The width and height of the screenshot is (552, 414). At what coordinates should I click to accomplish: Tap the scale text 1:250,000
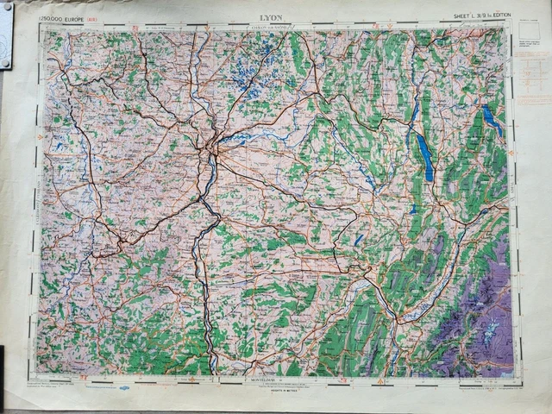tap(58, 16)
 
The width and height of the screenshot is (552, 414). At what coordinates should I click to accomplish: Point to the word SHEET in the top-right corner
tap(467, 16)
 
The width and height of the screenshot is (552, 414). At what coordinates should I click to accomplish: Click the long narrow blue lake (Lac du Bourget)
tap(426, 156)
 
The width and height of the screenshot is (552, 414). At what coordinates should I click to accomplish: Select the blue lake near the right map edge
tap(492, 121)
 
